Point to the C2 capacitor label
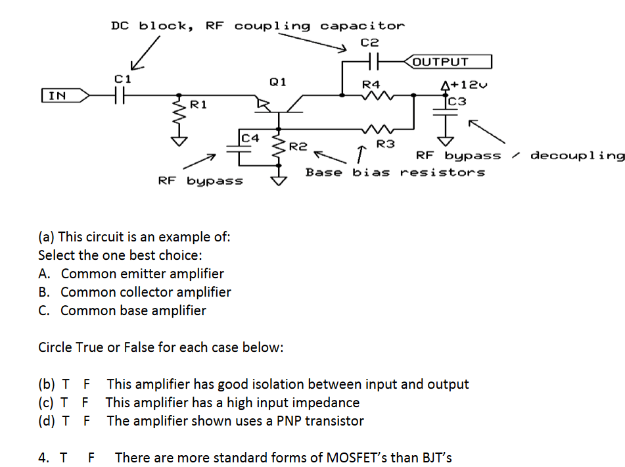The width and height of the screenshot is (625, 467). click(370, 42)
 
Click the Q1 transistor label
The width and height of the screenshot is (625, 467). click(277, 82)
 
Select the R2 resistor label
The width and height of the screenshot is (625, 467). click(298, 145)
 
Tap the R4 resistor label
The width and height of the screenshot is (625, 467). click(371, 84)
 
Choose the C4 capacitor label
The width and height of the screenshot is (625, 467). click(250, 138)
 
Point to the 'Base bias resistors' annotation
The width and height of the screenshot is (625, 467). click(395, 172)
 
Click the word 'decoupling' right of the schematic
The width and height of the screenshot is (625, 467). click(577, 156)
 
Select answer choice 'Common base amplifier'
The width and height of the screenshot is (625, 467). click(133, 310)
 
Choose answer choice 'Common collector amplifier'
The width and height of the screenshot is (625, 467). click(146, 292)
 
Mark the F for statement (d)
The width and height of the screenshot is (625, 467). click(87, 421)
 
